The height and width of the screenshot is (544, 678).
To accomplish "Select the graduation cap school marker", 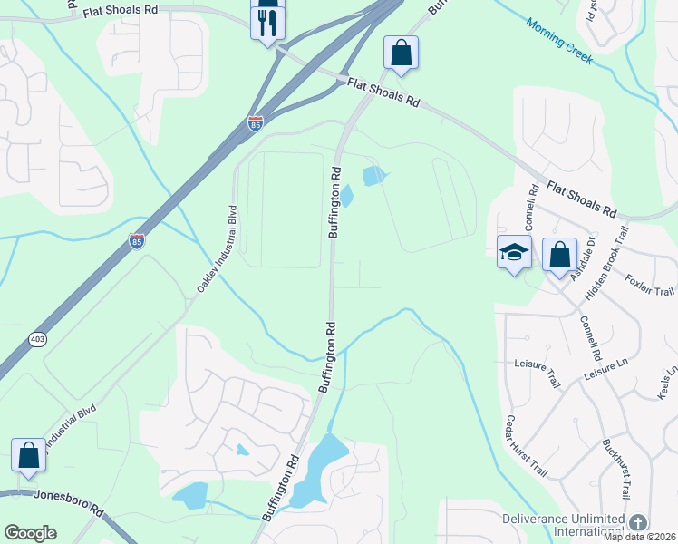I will (514, 254).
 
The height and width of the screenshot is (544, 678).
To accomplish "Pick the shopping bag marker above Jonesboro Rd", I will (29, 455).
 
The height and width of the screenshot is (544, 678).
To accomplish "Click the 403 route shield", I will (35, 338).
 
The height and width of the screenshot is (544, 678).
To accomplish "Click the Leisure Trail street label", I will (537, 372).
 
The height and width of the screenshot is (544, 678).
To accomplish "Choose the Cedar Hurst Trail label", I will (527, 446).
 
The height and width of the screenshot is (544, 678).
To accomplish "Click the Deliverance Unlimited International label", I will (564, 524).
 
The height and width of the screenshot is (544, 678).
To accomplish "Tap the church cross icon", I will (638, 523).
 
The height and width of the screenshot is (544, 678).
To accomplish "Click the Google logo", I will (30, 533).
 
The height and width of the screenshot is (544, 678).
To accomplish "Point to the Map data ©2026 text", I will (640, 537).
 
